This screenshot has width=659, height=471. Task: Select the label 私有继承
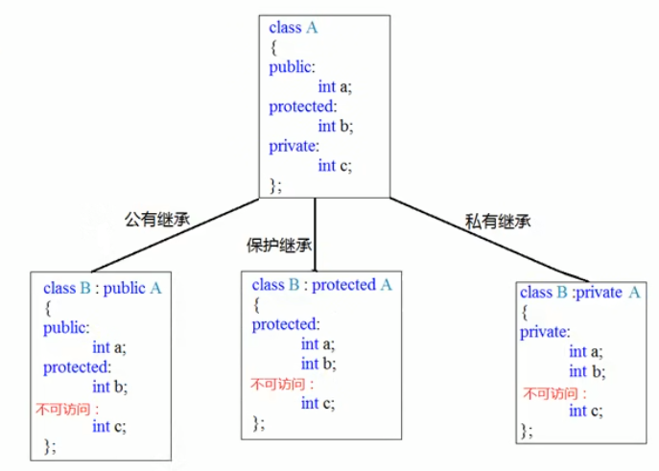click(499, 222)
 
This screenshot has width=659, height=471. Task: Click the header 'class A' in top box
click(293, 28)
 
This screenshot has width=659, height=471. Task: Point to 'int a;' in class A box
click(335, 86)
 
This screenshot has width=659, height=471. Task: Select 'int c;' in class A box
click(335, 165)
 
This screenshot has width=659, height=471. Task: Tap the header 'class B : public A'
click(103, 288)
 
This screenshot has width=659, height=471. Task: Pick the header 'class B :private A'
click(579, 292)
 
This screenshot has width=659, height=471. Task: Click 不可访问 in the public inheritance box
click(68, 409)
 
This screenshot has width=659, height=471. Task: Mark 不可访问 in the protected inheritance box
click(277, 385)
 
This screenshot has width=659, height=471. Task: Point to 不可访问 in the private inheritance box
click(553, 393)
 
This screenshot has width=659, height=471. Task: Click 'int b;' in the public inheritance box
click(109, 387)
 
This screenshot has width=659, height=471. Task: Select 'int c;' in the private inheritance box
click(585, 412)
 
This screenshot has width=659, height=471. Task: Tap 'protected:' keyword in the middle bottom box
click(286, 324)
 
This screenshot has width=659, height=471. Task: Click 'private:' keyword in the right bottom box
click(545, 332)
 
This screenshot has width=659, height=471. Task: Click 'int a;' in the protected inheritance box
click(318, 344)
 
